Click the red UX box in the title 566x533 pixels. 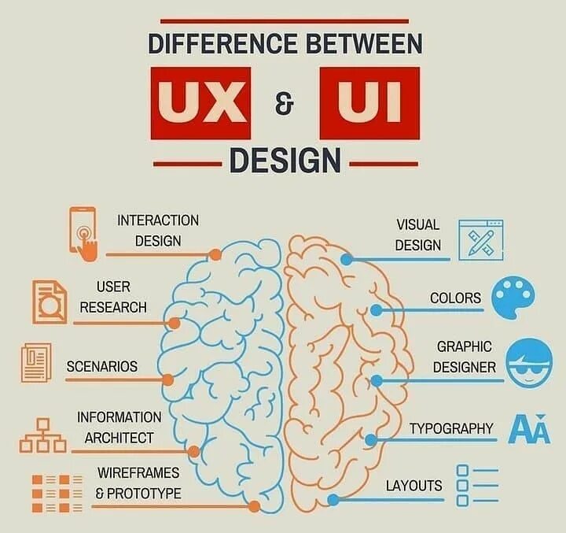(x=202, y=103)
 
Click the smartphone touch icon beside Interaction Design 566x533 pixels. (x=83, y=233)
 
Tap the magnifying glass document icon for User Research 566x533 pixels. (x=50, y=301)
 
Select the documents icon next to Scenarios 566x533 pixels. (x=36, y=362)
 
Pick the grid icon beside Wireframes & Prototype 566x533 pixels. (x=57, y=488)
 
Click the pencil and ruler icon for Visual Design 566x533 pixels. (x=480, y=239)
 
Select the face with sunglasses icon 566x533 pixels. (x=529, y=362)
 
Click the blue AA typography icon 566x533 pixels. (x=528, y=428)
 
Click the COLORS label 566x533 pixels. (x=455, y=298)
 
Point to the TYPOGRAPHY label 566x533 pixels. (x=451, y=429)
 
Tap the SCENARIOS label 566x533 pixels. (x=102, y=367)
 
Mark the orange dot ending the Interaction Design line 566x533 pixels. (x=215, y=254)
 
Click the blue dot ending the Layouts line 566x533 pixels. (x=333, y=498)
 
